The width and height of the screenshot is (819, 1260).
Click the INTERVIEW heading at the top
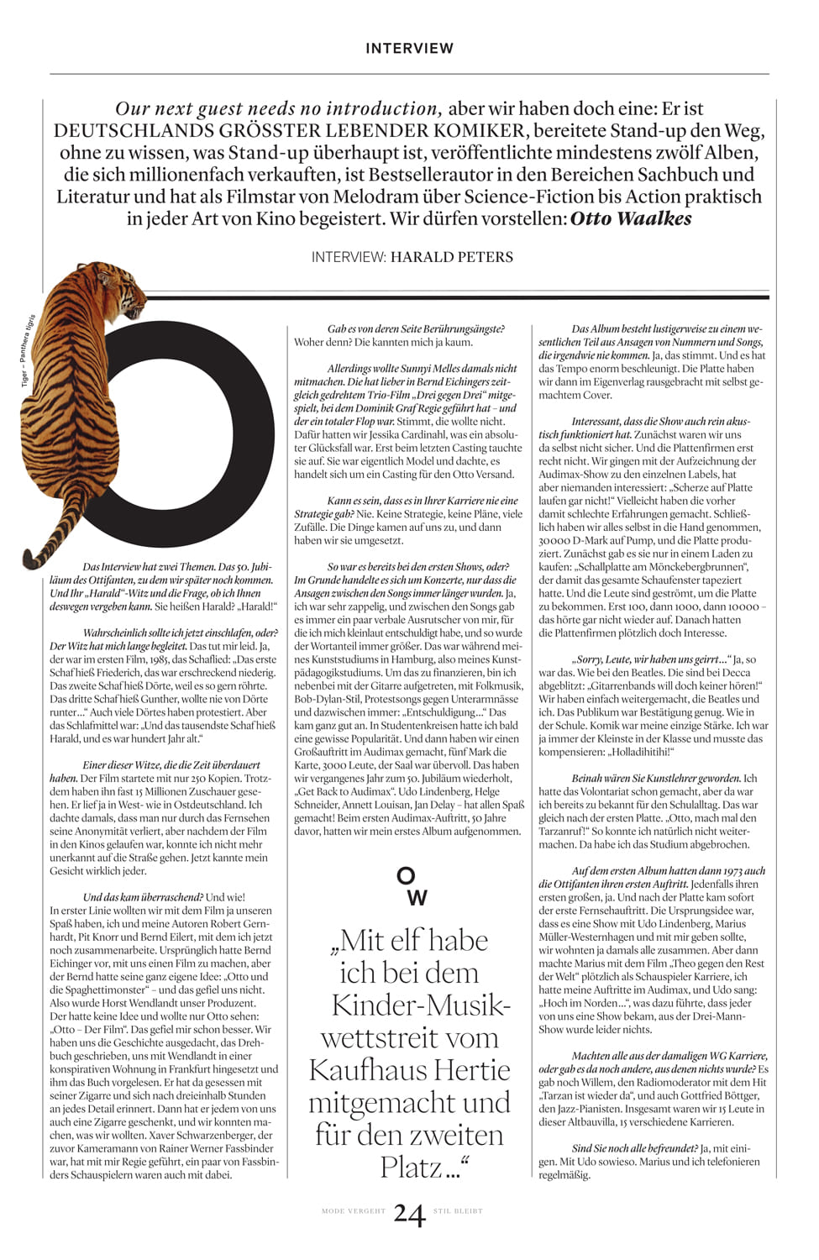(409, 49)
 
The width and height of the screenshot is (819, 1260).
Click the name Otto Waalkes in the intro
(631, 219)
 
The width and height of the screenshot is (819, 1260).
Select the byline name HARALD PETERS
(451, 257)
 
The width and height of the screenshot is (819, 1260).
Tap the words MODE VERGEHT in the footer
(354, 1211)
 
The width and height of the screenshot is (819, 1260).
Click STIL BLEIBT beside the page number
(458, 1211)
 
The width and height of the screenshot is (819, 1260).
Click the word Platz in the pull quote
(412, 1168)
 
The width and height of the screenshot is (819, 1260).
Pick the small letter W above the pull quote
(417, 898)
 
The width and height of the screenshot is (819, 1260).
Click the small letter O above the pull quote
(406, 875)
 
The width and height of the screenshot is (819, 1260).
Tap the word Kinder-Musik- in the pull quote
(421, 1005)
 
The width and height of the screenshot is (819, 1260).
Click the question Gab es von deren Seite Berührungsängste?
(416, 329)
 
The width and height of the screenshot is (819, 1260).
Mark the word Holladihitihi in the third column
(631, 753)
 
